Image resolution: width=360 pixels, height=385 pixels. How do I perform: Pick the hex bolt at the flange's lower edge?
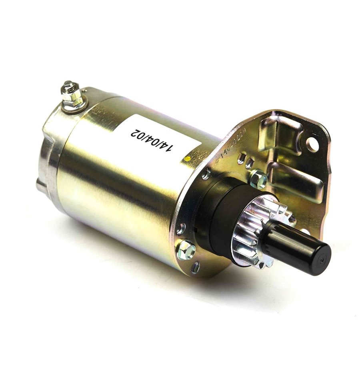click(186, 250)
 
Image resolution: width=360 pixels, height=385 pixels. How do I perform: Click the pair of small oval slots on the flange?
click(245, 161)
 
